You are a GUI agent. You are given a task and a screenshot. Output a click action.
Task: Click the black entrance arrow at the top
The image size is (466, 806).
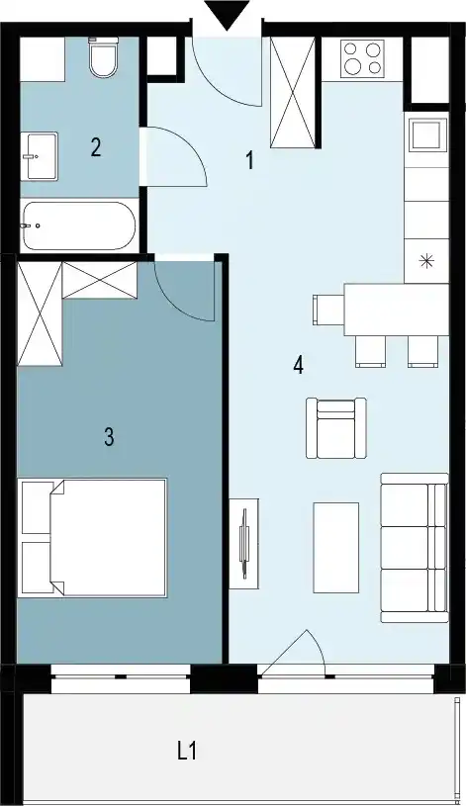(x=227, y=15)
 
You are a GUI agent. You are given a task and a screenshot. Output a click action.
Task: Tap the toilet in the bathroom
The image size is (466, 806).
(x=103, y=56)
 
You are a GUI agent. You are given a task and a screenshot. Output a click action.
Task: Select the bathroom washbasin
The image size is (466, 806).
(x=40, y=155)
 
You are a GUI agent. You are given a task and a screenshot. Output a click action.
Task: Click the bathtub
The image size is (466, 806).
(x=79, y=226)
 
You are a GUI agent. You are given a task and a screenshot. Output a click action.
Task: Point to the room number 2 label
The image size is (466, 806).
(x=96, y=148)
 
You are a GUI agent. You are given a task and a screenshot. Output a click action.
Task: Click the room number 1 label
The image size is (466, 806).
(x=250, y=160)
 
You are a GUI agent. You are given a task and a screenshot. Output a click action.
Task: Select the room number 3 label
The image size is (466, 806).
(x=109, y=437)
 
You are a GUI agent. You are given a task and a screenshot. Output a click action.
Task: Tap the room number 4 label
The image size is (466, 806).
(x=299, y=366)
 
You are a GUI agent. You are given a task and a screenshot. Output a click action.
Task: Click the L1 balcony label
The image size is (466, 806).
(x=187, y=752)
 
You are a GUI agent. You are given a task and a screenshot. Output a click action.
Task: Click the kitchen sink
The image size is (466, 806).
(x=426, y=135)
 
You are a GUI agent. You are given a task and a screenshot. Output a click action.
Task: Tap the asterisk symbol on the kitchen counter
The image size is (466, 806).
(x=426, y=262)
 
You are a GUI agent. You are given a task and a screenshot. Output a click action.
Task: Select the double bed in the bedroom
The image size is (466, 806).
(x=92, y=538)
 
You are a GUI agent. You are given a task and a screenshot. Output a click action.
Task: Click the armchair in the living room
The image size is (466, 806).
(x=336, y=427)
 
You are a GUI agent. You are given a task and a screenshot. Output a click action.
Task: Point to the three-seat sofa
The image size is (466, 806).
(x=414, y=548)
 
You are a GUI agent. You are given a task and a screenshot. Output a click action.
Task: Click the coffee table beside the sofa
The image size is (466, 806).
(x=336, y=548)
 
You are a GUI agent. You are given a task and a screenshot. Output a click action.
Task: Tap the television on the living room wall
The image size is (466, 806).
(x=244, y=544)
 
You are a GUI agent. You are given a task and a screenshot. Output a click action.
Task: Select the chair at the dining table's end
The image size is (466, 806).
(x=328, y=310)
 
